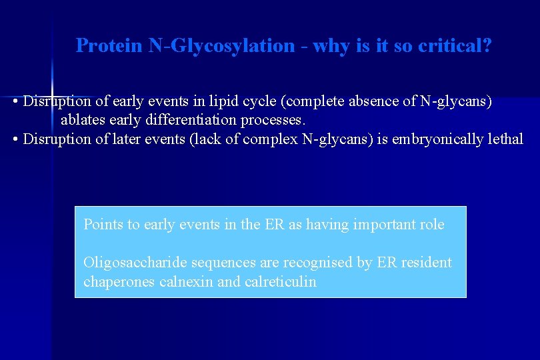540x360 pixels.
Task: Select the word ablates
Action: coord(82,121)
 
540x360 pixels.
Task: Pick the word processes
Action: coord(275,121)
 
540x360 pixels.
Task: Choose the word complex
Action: coord(267,139)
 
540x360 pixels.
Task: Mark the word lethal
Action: coord(507,139)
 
